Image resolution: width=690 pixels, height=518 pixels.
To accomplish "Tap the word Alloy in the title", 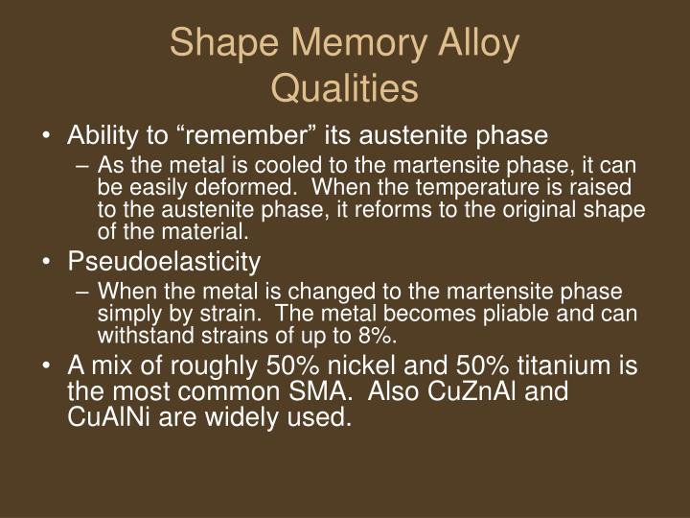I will [x=476, y=45].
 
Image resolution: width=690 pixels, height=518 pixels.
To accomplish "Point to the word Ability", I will [x=100, y=134].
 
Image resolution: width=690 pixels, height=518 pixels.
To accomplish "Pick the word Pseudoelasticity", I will [x=163, y=260].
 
